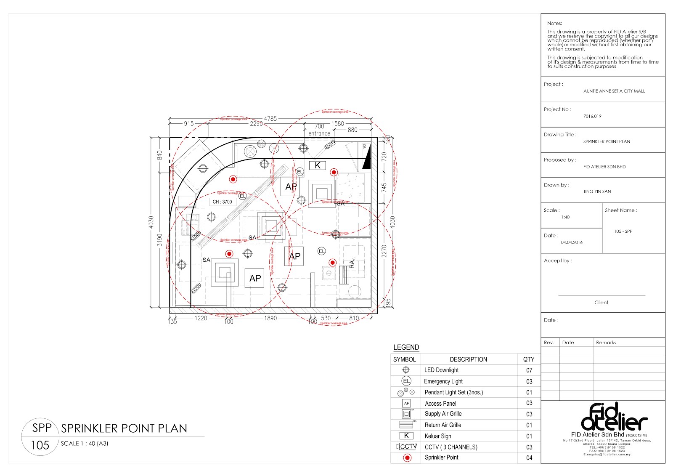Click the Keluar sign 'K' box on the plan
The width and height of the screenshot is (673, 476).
click(x=318, y=165)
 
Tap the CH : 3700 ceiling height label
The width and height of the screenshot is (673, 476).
click(x=222, y=202)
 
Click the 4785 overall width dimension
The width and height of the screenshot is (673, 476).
click(x=270, y=119)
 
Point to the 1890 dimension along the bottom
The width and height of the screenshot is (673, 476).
click(x=270, y=318)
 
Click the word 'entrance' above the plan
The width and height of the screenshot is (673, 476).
click(x=319, y=133)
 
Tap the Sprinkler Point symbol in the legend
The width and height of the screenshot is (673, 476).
click(x=407, y=457)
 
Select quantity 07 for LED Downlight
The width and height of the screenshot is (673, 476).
click(x=529, y=370)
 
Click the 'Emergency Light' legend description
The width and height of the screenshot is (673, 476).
click(x=443, y=381)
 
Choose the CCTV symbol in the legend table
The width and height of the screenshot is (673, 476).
click(x=407, y=447)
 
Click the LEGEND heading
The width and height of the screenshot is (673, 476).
click(x=406, y=347)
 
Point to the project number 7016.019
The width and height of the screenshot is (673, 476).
click(x=592, y=116)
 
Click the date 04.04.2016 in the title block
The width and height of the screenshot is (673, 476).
click(x=572, y=242)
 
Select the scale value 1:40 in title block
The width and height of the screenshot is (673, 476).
click(x=565, y=217)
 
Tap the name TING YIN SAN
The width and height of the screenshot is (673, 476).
click(x=597, y=191)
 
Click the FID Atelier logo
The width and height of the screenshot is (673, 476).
click(x=614, y=417)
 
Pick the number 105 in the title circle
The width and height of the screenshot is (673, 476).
click(x=40, y=445)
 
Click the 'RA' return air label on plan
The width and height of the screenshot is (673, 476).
click(x=352, y=264)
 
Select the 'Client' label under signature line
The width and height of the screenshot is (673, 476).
click(x=601, y=303)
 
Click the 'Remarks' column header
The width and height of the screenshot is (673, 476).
click(x=606, y=343)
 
